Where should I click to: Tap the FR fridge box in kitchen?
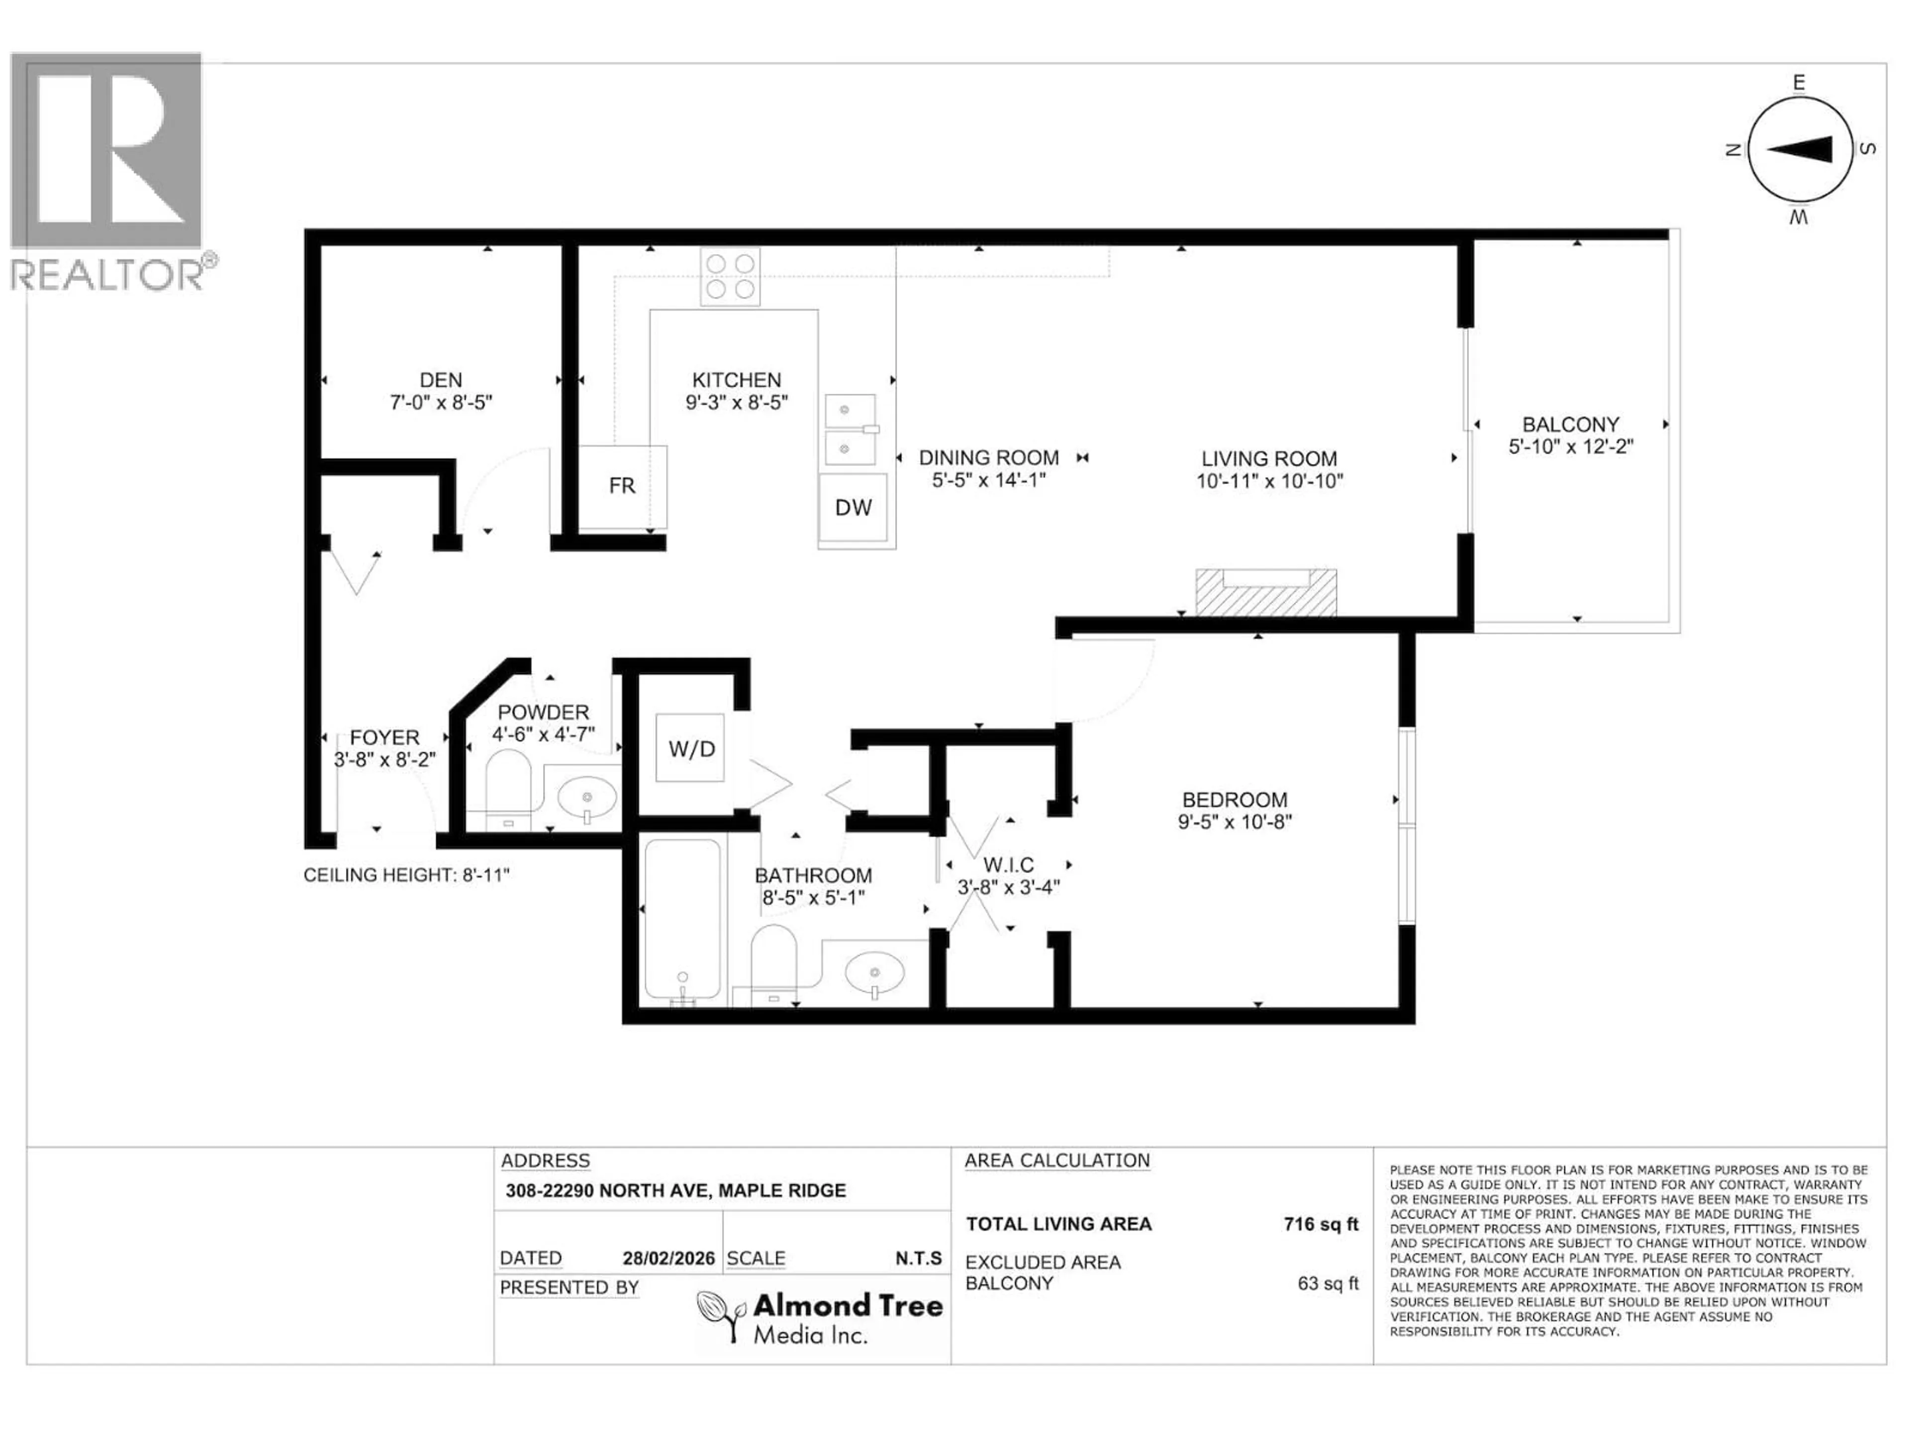[622, 486]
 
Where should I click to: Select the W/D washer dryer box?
[691, 748]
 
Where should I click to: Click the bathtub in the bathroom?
[682, 920]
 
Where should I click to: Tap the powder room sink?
[587, 799]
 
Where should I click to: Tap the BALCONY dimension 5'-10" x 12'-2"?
[1571, 447]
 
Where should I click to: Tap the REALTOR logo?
[108, 173]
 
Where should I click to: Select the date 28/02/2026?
[668, 1258]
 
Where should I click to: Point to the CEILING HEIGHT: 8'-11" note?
[406, 875]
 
